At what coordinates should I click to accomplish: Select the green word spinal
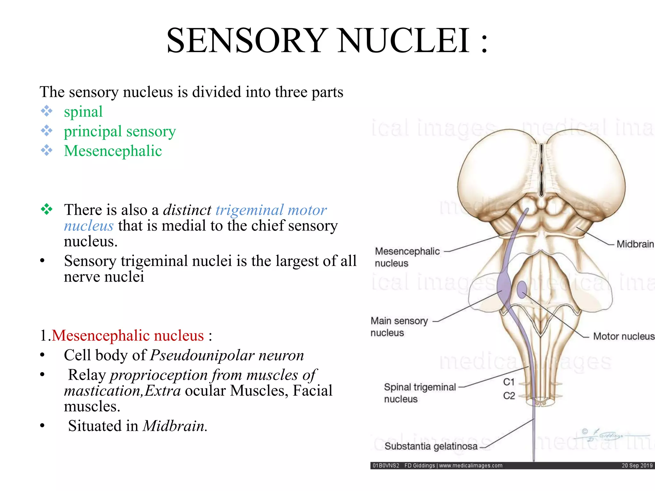(x=83, y=112)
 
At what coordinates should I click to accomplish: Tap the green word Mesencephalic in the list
(x=113, y=151)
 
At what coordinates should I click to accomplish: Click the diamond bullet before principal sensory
(x=47, y=131)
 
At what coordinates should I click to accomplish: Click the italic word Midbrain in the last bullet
(x=174, y=426)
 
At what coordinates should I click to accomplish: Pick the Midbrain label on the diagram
(x=635, y=244)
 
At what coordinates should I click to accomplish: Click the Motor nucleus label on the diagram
(x=623, y=336)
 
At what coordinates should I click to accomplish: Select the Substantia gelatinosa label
(x=430, y=446)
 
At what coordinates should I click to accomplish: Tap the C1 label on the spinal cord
(x=509, y=382)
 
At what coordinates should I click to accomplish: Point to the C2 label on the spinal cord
(x=509, y=396)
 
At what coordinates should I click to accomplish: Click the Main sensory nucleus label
(x=399, y=327)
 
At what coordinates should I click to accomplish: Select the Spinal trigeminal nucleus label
(x=419, y=393)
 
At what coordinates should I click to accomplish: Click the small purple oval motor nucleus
(x=522, y=290)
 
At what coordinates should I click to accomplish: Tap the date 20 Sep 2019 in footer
(x=637, y=465)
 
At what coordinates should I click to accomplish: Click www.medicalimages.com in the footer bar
(x=470, y=465)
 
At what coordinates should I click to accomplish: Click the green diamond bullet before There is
(x=47, y=209)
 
